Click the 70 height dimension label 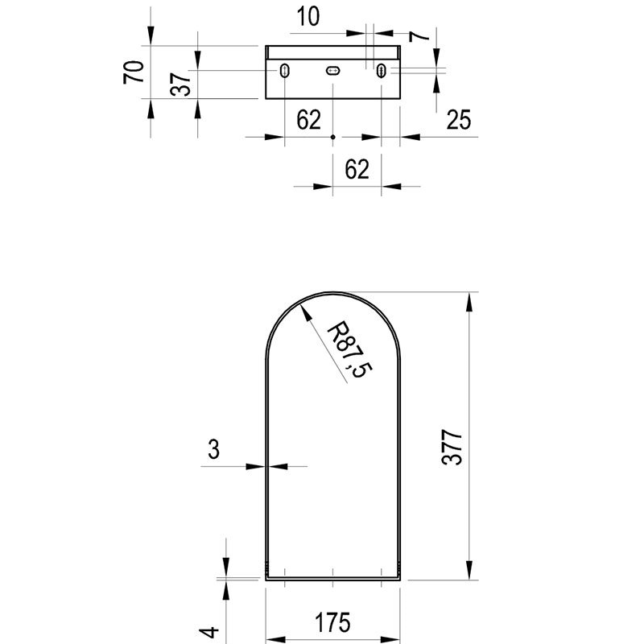pyautogui.click(x=134, y=72)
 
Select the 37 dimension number pyautogui.click(x=180, y=85)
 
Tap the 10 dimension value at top pyautogui.click(x=308, y=16)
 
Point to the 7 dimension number pyautogui.click(x=419, y=36)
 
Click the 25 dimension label pyautogui.click(x=458, y=119)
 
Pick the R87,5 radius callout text pyautogui.click(x=349, y=350)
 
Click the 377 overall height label pyautogui.click(x=452, y=448)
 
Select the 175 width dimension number pyautogui.click(x=332, y=622)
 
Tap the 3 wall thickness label pyautogui.click(x=213, y=449)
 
